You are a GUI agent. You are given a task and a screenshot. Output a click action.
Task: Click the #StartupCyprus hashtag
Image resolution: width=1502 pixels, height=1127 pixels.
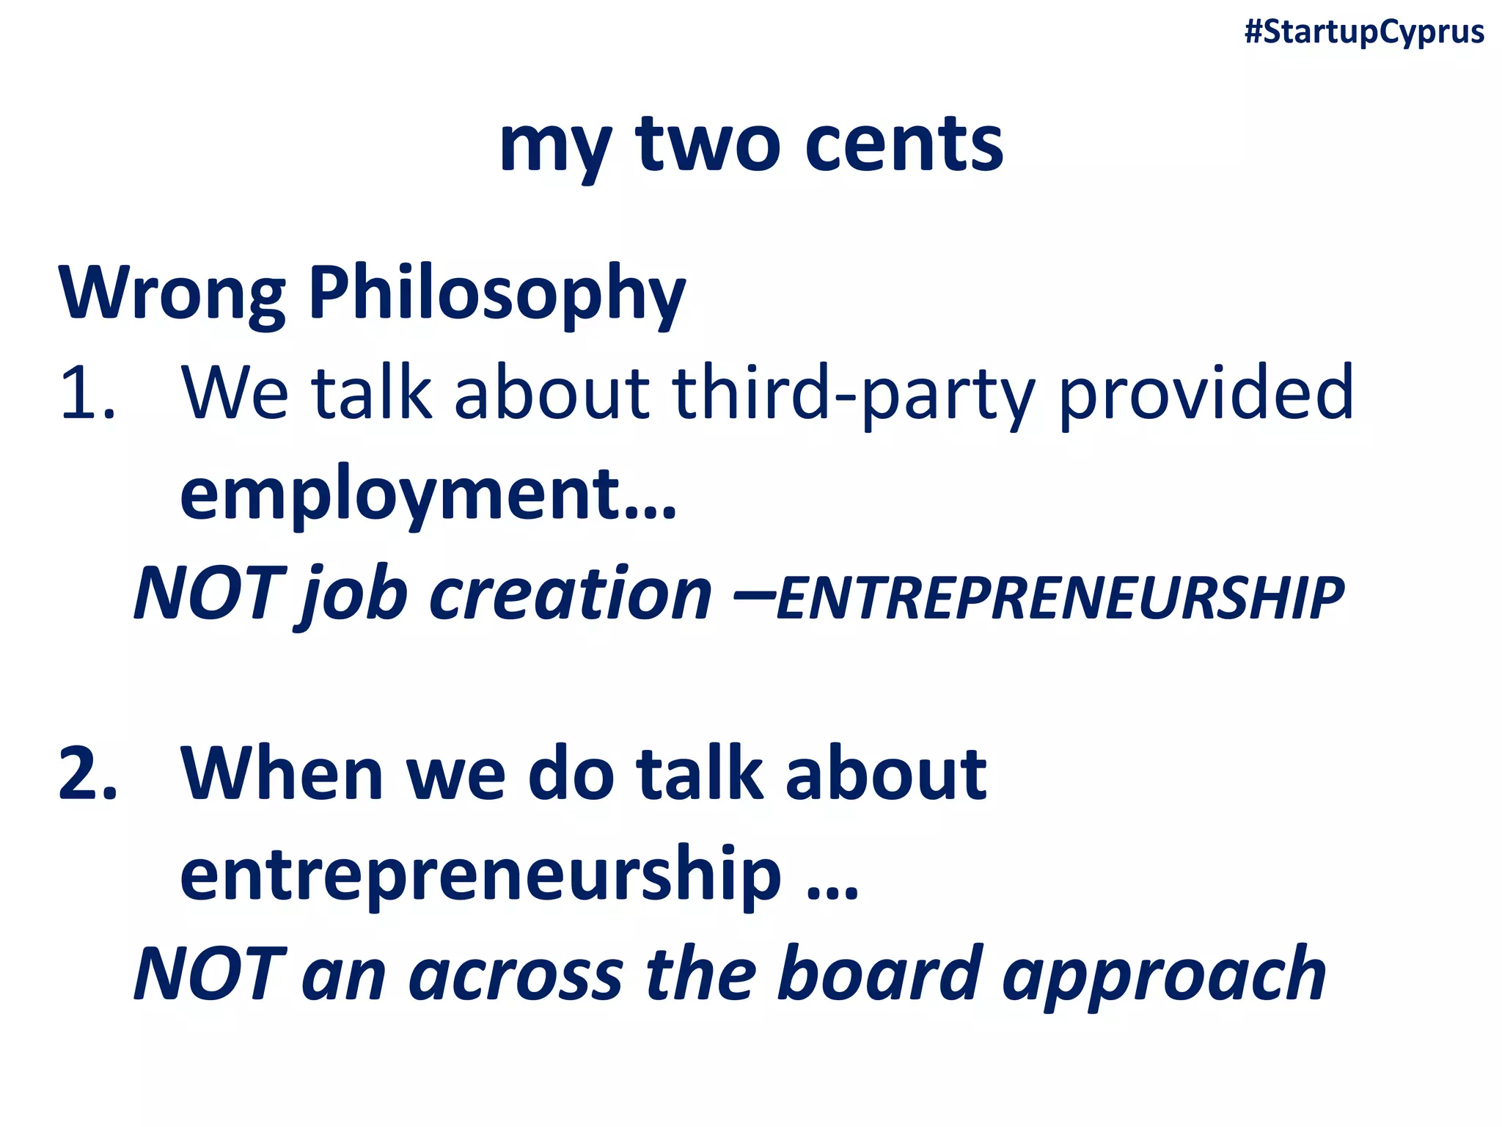(1364, 32)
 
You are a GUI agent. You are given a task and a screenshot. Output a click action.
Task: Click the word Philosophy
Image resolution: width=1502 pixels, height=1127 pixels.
(497, 293)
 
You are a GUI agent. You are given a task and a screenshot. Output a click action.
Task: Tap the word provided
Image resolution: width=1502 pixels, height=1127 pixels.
(1206, 393)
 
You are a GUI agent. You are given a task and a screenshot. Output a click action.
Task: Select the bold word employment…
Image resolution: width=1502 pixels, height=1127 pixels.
(428, 495)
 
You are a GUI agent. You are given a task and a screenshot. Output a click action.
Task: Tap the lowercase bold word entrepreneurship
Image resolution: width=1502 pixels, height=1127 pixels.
(480, 875)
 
